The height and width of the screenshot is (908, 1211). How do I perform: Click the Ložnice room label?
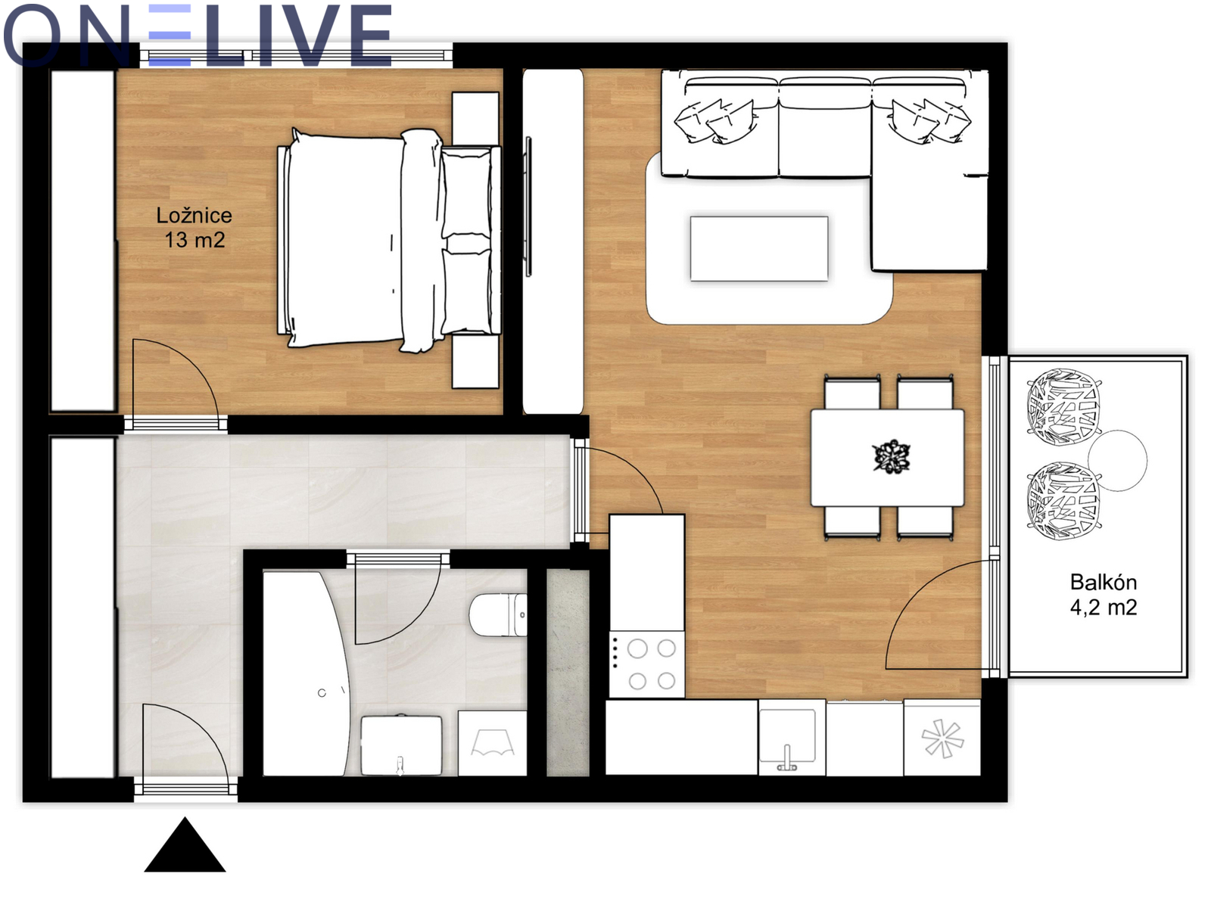(x=195, y=215)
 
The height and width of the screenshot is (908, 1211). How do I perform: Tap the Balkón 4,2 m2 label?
(x=1104, y=594)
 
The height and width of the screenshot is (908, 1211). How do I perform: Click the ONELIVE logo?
(x=197, y=36)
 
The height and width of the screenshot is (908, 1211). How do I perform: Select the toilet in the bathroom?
(x=497, y=614)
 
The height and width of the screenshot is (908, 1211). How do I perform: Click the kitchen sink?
(x=787, y=736)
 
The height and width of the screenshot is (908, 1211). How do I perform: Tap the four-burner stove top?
(x=647, y=664)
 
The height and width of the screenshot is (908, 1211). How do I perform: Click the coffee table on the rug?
(x=759, y=249)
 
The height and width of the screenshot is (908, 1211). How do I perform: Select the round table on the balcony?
(x=1118, y=460)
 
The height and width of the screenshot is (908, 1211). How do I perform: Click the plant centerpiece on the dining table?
(x=891, y=456)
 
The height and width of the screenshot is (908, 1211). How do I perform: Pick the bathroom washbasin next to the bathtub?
(x=401, y=745)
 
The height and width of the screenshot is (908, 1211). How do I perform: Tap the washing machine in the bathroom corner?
(x=492, y=743)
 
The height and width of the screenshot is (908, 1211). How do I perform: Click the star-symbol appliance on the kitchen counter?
(x=942, y=738)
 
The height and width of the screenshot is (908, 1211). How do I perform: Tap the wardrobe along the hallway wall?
(x=82, y=607)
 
